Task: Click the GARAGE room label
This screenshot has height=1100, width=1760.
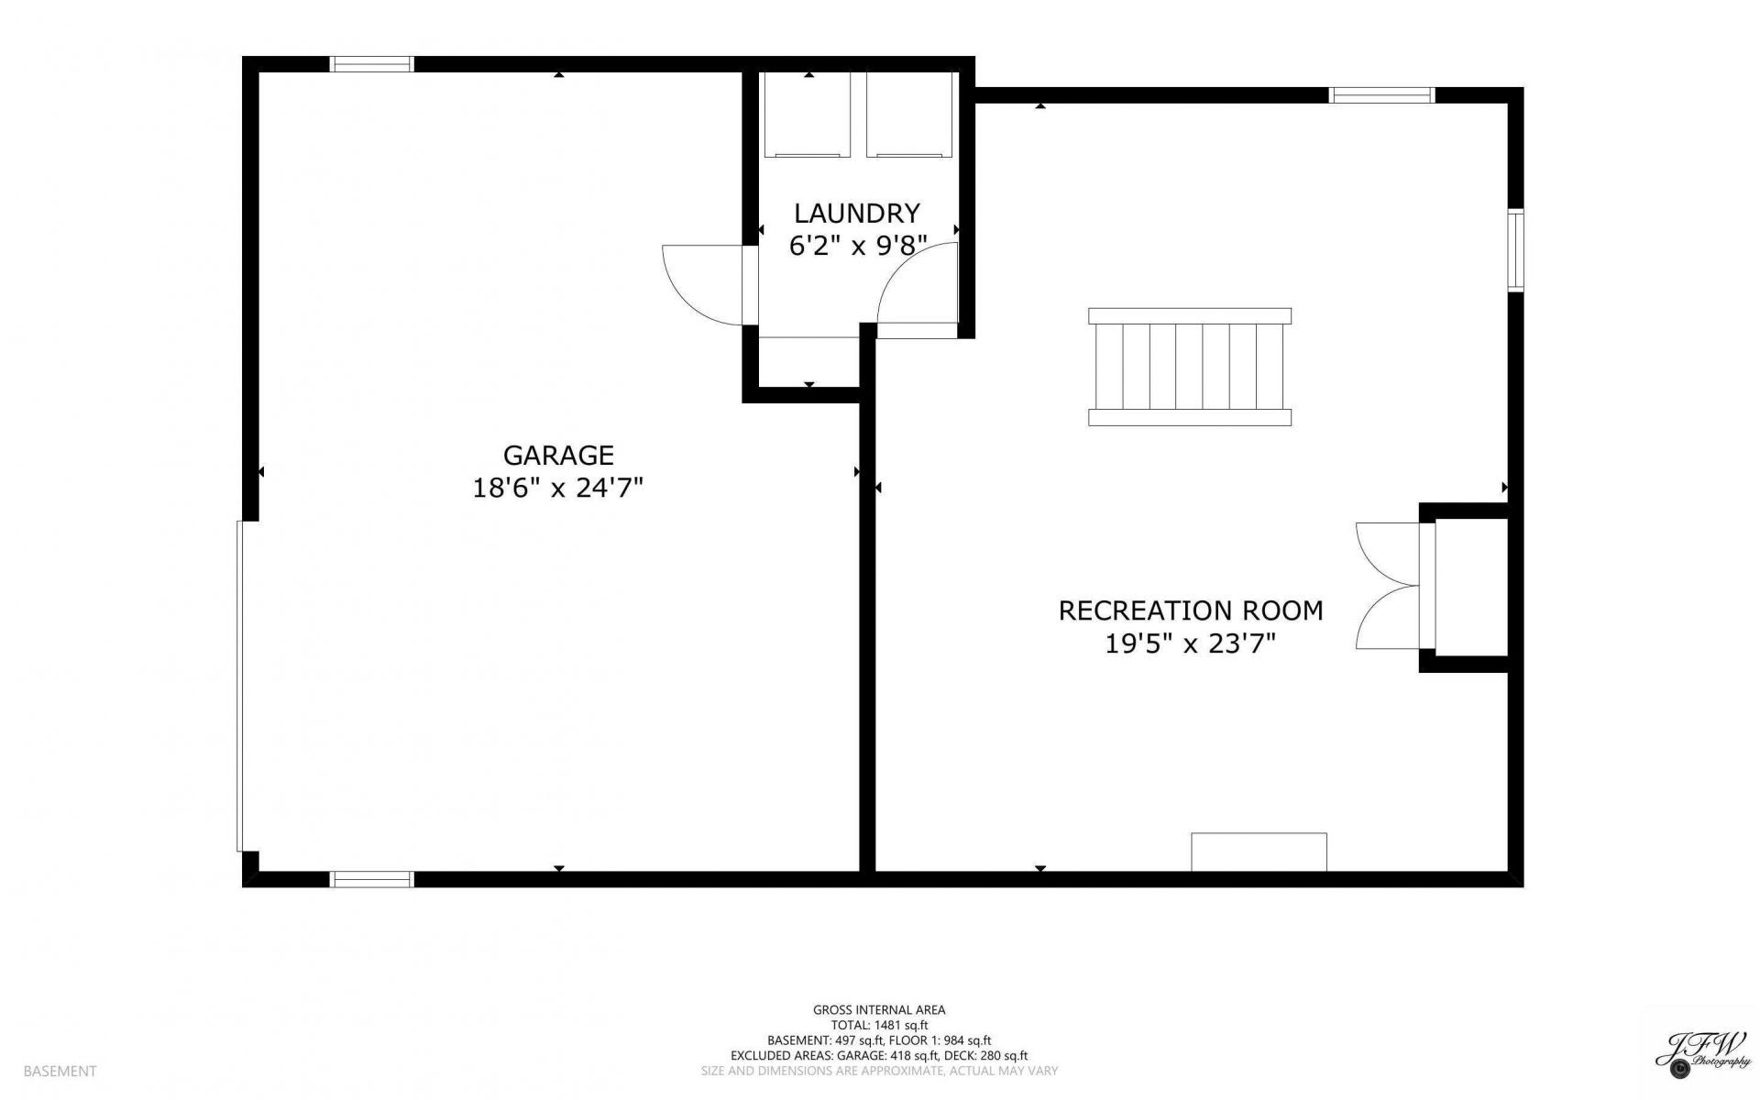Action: click(558, 455)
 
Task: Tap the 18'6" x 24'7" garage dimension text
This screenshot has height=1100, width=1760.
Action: click(557, 488)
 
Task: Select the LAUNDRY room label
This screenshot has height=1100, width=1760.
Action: click(856, 213)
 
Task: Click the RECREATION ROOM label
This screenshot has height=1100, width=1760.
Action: click(1191, 610)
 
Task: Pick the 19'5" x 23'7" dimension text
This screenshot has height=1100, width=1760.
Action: click(1191, 643)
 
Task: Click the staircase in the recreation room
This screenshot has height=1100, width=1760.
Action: click(1190, 367)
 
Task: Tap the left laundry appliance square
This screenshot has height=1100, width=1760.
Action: click(808, 114)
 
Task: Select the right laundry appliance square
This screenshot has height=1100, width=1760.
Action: click(910, 114)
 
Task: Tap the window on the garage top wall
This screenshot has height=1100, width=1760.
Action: click(371, 64)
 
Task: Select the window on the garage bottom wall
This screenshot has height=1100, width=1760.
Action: click(371, 879)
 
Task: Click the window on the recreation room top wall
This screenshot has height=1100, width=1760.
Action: click(1381, 94)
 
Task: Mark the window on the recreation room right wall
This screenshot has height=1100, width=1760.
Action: click(1516, 250)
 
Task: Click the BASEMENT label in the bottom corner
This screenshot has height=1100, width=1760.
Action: click(60, 1071)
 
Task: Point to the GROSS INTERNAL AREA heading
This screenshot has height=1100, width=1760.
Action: click(879, 1010)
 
